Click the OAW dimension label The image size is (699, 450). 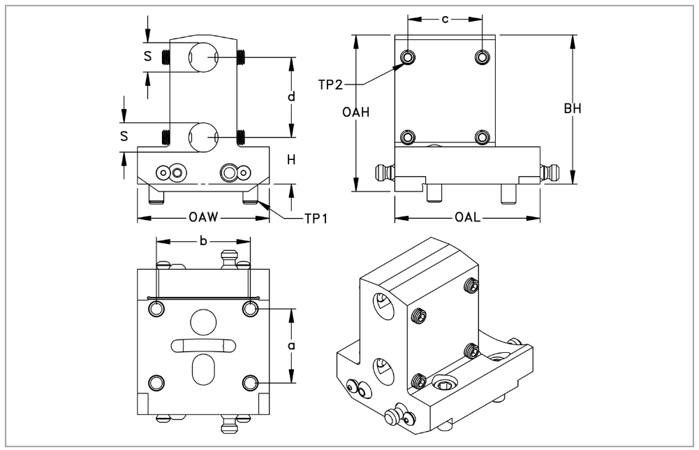tap(203, 218)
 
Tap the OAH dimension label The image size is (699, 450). tap(356, 112)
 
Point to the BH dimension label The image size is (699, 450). tap(573, 109)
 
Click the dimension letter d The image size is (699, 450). tap(293, 96)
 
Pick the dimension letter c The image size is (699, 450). tap(445, 18)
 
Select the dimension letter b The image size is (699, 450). tap(203, 241)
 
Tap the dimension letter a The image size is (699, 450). tap(292, 345)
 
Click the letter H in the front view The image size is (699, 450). tap(292, 161)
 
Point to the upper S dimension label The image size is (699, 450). tap(147, 56)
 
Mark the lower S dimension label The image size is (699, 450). tap(124, 136)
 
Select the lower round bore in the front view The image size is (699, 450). tap(203, 136)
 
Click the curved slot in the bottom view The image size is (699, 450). tap(203, 344)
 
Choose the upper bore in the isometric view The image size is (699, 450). tap(381, 305)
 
